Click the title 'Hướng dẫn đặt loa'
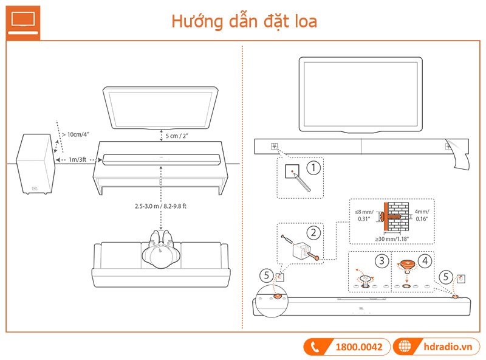(x=244, y=21)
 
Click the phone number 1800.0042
(x=358, y=347)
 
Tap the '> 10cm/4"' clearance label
(x=77, y=134)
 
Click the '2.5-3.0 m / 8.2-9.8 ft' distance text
(x=160, y=206)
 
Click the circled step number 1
(x=312, y=165)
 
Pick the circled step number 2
(x=313, y=232)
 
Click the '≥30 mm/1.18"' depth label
(x=392, y=239)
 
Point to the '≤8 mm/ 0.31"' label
(x=364, y=214)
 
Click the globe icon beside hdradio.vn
(x=404, y=347)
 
